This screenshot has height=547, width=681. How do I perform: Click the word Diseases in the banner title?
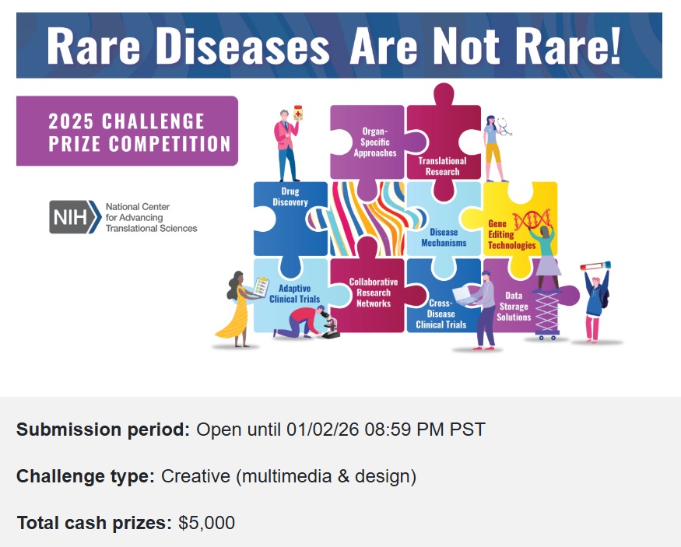point(242,46)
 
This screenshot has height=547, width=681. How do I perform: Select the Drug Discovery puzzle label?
point(290,197)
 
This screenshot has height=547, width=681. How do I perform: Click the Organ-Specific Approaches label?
point(375,142)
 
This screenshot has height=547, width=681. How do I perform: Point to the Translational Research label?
point(442,167)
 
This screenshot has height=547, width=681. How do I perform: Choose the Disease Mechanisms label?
point(444,237)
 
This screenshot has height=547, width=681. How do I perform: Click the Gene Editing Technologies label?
point(511,234)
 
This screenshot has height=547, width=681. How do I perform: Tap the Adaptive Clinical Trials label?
point(294,294)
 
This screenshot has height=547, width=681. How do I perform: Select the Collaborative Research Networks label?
point(374,293)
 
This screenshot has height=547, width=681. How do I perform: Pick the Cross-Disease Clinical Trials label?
point(441,314)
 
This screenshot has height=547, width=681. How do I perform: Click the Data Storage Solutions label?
point(514,307)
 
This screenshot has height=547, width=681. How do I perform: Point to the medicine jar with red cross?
point(298,113)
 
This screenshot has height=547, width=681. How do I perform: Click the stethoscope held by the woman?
point(504,126)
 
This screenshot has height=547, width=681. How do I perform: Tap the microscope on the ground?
point(330,327)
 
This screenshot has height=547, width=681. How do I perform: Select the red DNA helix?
point(532,219)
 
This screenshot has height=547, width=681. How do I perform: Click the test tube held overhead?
point(595,265)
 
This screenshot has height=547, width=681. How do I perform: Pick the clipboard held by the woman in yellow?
point(262,287)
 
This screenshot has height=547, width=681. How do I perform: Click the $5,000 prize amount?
point(207,523)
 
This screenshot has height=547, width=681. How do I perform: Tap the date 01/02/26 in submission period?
point(323,430)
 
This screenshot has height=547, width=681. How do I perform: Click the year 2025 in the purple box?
point(71,121)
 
